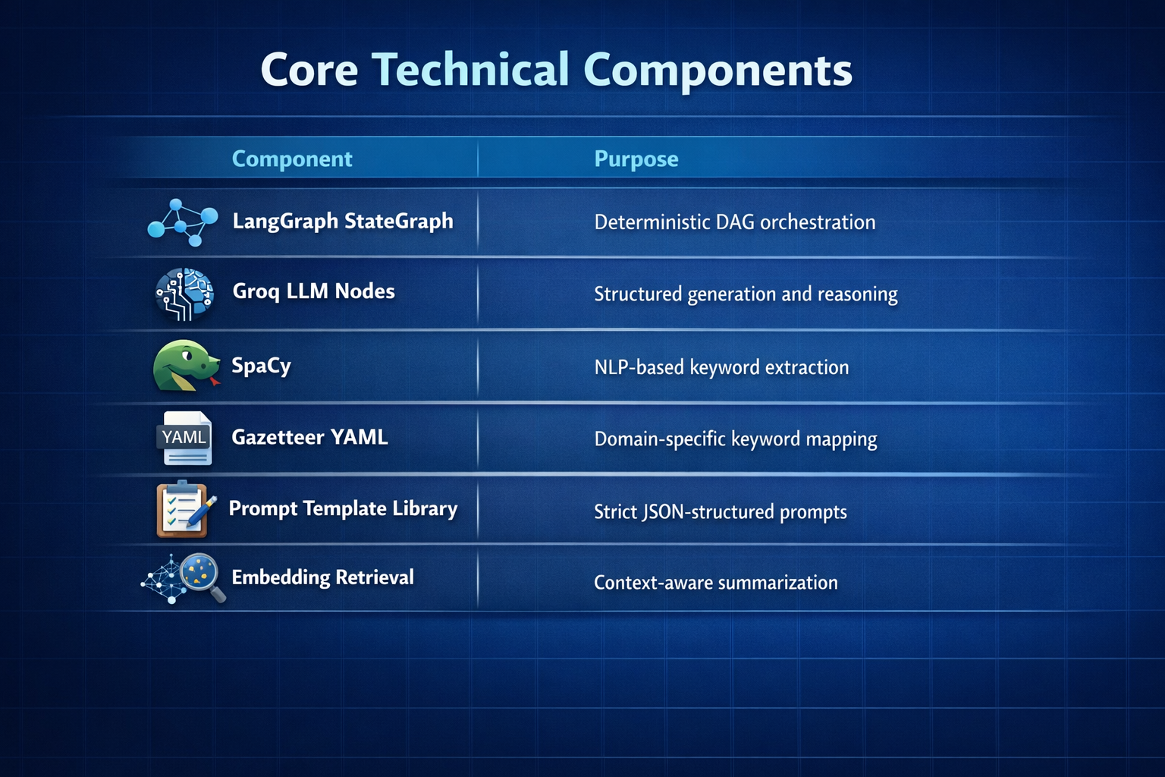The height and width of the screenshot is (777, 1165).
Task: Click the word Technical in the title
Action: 469,70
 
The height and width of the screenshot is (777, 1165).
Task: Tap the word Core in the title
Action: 309,71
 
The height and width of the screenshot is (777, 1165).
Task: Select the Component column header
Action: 292,159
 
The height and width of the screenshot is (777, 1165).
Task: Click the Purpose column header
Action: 636,159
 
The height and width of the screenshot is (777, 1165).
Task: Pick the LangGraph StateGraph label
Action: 343,221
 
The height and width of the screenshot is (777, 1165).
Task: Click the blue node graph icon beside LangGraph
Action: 182,222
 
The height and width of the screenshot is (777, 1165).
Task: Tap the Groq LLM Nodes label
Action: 313,291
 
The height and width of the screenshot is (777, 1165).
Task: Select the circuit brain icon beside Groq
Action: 184,294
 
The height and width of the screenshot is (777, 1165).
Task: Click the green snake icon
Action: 185,366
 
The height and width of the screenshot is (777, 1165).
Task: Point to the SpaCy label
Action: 261,366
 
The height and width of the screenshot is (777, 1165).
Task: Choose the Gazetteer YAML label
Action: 309,437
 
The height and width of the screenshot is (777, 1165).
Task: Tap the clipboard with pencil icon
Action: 184,508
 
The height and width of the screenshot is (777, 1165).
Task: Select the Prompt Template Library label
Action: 343,508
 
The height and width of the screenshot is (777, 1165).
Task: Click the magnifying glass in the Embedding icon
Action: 202,574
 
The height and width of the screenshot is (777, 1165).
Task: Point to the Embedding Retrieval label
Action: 322,577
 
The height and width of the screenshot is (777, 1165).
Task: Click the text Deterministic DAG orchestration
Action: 734,222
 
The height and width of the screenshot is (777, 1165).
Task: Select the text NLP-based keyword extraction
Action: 721,367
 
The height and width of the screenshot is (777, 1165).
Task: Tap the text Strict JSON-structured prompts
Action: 720,512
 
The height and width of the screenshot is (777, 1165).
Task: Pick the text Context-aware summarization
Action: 715,583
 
